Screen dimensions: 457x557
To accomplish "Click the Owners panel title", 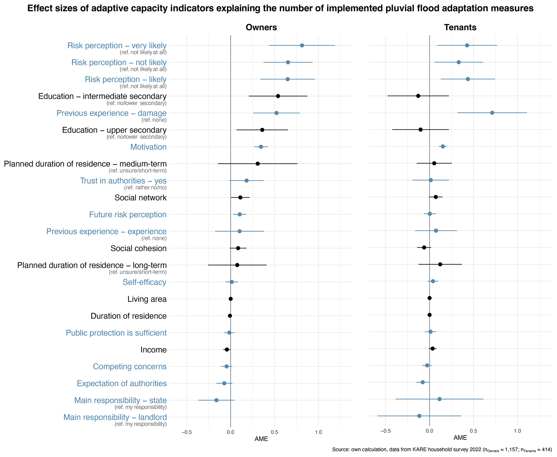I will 261,28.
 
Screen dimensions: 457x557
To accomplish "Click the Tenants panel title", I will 460,28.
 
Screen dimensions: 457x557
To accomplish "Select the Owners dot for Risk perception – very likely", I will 302,45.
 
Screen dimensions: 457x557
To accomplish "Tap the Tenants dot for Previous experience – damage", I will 492,113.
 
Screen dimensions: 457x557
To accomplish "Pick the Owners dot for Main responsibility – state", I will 216,400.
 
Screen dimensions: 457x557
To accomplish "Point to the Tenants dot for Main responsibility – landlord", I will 419,416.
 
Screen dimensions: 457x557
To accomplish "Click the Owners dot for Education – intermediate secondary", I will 278,96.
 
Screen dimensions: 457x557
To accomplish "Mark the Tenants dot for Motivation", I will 443,146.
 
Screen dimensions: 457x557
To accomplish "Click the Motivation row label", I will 148,147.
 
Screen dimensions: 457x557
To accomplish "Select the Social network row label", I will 140,198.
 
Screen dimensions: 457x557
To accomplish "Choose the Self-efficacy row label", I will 144,282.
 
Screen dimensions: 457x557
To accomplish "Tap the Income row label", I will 153,350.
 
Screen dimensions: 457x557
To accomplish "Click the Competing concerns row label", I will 130,366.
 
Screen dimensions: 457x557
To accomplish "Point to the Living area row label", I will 147,299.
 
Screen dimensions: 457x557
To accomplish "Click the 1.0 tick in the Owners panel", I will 319,432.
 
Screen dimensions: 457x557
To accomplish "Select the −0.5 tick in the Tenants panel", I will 385,431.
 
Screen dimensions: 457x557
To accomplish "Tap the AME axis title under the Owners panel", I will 261,439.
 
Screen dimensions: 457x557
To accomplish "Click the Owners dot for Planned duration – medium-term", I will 258,164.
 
